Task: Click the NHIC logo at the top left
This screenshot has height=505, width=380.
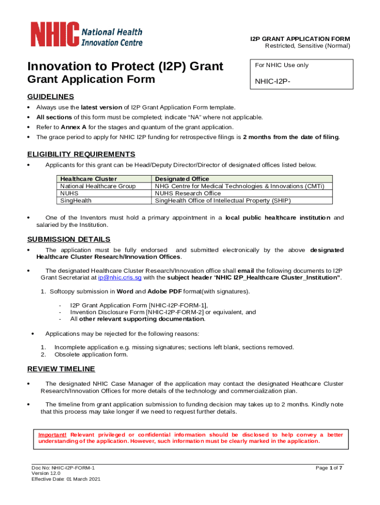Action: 87,35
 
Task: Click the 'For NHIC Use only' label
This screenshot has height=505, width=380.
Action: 282,65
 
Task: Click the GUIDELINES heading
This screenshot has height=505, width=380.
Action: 50,97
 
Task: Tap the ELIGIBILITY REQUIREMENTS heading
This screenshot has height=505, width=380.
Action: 81,154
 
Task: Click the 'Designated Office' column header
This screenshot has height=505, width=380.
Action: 182,179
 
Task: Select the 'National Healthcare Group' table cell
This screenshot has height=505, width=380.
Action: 98,186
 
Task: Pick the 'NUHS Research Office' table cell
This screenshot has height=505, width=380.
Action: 188,193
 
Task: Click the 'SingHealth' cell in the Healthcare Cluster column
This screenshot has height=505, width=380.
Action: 76,201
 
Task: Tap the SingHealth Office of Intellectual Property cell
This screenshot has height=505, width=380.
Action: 223,201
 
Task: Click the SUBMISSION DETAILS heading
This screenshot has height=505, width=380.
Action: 69,240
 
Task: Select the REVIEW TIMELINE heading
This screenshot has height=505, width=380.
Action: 61,369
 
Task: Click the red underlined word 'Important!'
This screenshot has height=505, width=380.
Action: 53,434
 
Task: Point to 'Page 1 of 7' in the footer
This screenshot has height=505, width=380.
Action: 329,468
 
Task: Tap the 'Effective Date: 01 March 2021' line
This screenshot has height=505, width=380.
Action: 66,479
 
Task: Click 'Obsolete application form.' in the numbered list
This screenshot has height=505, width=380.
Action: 91,354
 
